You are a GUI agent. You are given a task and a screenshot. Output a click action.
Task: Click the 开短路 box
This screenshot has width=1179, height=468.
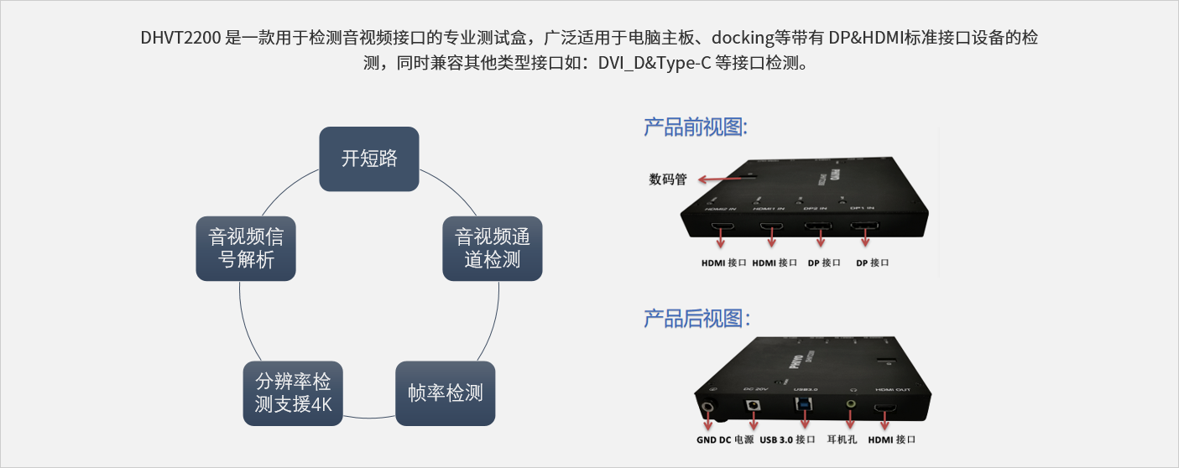click(369, 159)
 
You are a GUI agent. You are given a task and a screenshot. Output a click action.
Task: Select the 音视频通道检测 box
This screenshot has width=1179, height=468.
click(493, 248)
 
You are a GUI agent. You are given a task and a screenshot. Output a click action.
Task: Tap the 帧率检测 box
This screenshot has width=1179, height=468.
click(446, 393)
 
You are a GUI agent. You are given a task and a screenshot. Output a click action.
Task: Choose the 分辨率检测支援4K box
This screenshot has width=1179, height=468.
click(293, 393)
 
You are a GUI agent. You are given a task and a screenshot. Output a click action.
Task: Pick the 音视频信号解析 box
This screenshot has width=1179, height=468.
click(246, 248)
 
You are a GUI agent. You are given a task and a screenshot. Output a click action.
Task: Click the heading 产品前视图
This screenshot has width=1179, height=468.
click(695, 127)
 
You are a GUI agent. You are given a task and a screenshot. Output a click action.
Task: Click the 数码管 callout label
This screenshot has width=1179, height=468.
click(668, 179)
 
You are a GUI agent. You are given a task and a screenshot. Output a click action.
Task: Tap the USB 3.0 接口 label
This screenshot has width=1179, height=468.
click(787, 439)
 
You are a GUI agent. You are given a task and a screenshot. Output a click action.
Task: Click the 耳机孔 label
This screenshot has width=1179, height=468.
click(842, 439)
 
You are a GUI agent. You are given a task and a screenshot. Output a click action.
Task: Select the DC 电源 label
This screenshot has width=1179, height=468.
click(736, 439)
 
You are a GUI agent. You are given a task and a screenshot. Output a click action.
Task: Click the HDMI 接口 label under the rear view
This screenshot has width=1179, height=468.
click(891, 439)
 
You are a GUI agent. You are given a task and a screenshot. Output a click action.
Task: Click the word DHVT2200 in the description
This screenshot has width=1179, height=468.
click(181, 39)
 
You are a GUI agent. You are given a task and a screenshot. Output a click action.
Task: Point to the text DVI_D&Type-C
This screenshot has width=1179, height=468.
click(655, 64)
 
